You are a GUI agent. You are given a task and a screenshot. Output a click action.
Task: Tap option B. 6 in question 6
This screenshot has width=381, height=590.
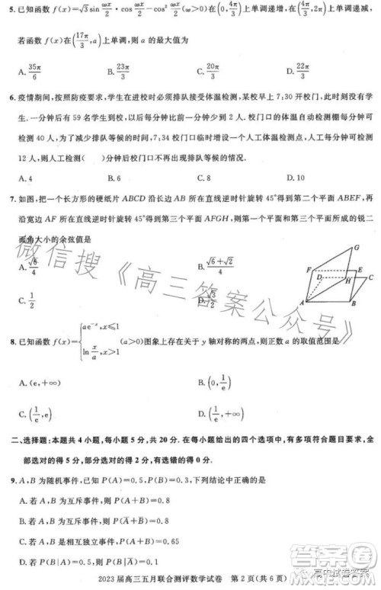coord(115,178)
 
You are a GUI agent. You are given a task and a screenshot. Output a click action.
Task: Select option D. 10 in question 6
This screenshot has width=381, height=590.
coord(294,178)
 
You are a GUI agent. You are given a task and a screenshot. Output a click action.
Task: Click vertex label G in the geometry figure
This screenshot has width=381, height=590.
coord(357,249)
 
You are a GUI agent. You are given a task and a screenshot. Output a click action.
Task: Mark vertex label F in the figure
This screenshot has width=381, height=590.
coord(309,270)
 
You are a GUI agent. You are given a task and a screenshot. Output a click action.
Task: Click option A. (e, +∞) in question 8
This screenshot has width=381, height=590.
coord(38,381)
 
